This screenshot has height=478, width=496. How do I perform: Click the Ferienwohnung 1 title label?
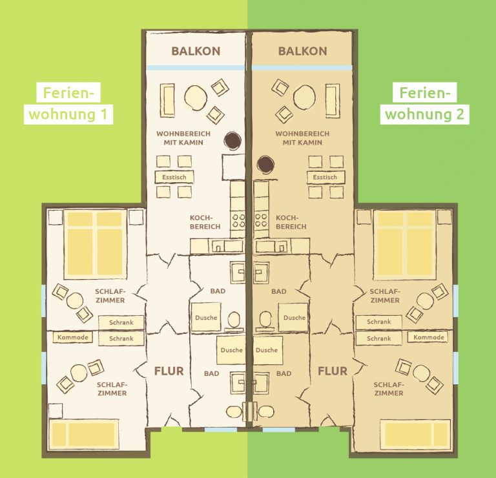tap(68, 103)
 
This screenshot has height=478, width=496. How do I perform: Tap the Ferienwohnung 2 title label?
tap(424, 103)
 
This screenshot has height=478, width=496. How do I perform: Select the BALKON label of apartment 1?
tap(196, 51)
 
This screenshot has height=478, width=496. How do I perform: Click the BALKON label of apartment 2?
tap(302, 51)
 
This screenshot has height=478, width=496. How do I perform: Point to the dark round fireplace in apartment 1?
tap(232, 140)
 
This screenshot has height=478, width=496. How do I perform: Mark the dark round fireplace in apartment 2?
tap(265, 165)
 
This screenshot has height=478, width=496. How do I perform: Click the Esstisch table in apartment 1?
tap(174, 177)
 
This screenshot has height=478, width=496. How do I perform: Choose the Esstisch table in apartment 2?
tap(325, 177)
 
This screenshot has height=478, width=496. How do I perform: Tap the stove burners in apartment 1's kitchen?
tap(238, 220)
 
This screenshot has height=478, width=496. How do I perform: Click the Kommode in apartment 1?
tap(73, 337)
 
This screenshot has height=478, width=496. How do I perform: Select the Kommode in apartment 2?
tap(429, 337)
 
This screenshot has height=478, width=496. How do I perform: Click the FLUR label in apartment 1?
tap(169, 371)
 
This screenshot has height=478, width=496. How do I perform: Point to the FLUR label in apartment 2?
tap(333, 371)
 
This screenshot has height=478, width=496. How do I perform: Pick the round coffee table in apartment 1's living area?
tap(196, 98)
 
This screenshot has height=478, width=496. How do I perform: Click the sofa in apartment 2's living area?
tap(333, 101)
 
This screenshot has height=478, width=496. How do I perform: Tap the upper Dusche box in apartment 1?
tap(206, 317)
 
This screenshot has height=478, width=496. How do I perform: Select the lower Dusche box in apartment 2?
tap(267, 350)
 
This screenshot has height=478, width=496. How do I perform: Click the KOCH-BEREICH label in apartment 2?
tap(291, 222)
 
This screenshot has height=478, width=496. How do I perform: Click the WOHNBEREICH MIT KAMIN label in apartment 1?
tap(183, 138)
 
